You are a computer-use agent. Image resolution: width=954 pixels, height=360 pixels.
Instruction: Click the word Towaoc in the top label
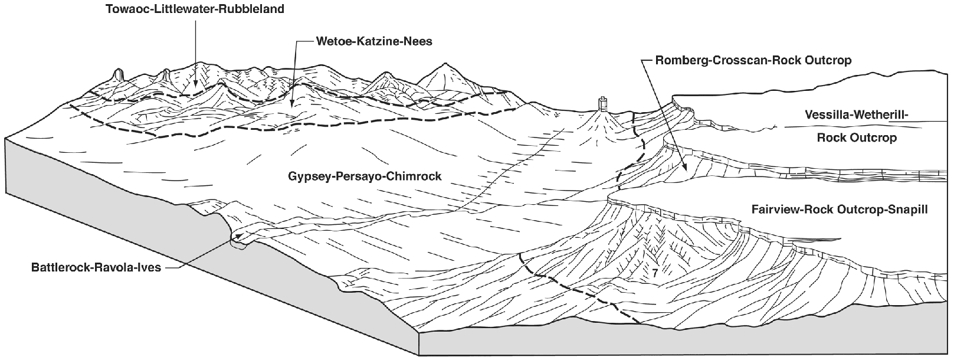pos(127,9)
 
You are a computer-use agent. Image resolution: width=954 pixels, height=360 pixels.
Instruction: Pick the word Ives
pos(150,267)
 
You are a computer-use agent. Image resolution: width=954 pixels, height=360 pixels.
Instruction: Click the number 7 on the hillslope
pos(655,274)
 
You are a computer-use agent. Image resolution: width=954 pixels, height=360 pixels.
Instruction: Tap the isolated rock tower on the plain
pos(602,105)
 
